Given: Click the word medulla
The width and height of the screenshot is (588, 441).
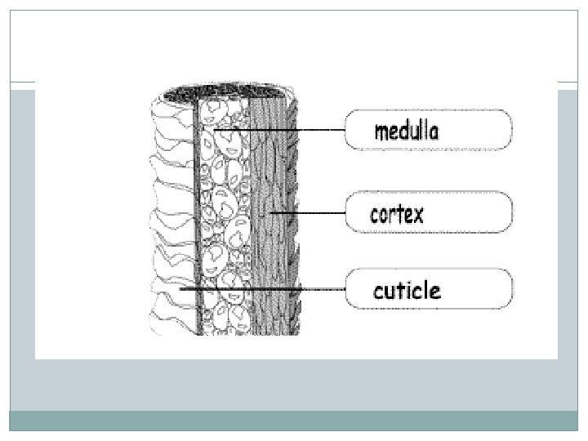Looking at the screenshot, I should pos(406,131).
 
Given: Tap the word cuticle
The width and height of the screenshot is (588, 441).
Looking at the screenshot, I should pos(406,290).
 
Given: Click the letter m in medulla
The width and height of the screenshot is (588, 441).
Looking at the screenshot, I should pos(381,132).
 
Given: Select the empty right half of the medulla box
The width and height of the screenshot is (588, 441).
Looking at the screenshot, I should pos(478,131).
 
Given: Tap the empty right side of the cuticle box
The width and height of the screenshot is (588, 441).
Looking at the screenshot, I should pos(478,289).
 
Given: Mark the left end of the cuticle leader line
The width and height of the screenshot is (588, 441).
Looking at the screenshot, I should pos(181,288).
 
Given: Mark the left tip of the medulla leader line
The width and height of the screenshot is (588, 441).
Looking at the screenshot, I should pos(215,130).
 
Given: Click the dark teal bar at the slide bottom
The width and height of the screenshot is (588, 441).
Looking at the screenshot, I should pos(294,421).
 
